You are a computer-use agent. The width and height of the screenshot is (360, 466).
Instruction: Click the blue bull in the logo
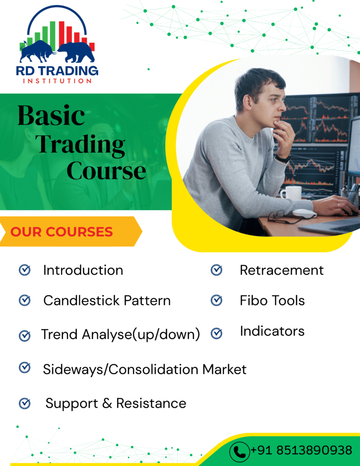pos(37,51)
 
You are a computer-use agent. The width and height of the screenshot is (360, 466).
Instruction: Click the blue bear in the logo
pos(77,52)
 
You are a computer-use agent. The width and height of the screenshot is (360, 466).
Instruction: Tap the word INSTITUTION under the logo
pos(57,81)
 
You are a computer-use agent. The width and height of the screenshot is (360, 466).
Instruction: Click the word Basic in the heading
pos(51,116)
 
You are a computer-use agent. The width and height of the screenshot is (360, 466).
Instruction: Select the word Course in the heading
pos(106,171)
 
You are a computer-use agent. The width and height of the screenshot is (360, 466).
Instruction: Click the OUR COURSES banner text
pos(61,232)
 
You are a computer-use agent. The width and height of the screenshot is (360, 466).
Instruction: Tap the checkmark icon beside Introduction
pos(25,270)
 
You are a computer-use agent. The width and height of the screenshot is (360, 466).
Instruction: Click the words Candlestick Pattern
pos(107,300)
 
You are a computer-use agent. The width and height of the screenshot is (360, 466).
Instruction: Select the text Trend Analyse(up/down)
pos(121,334)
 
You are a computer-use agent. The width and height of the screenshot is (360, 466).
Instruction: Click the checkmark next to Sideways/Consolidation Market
pos(25,368)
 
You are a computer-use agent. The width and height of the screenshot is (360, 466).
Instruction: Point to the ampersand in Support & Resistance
pos(107,403)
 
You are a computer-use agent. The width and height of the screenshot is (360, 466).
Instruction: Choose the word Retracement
pos(282,270)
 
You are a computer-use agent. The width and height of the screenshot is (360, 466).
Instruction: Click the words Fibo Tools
pos(272,300)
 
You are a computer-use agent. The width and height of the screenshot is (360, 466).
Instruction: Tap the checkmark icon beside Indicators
pos(217,334)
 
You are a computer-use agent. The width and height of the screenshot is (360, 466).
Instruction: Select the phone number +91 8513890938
pos(301,450)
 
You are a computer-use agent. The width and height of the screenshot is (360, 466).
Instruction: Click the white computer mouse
pos(304,213)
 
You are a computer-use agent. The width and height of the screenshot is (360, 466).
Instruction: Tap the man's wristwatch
pos(283,158)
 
